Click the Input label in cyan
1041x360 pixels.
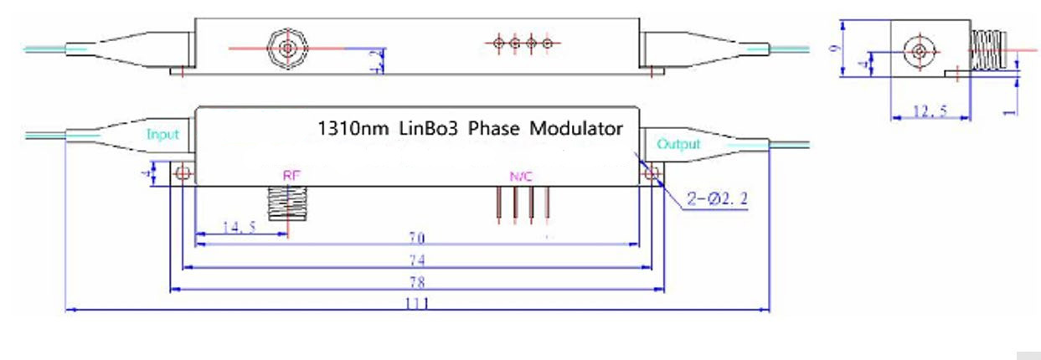pos(162,134)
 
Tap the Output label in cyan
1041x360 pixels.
pos(678,144)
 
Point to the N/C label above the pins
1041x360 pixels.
pos(521,177)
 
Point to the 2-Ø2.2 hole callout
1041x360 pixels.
pos(714,202)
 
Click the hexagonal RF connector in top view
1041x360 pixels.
pos(286,48)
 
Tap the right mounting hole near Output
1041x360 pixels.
pos(652,174)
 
